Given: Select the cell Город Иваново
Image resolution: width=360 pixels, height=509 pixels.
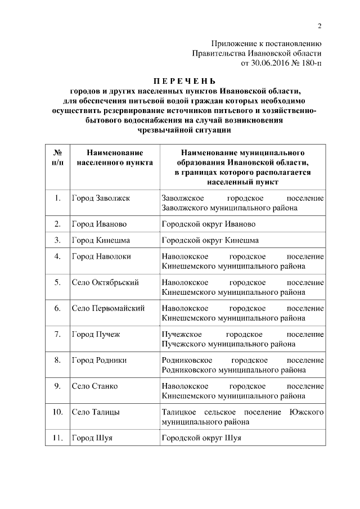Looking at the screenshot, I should [98, 224].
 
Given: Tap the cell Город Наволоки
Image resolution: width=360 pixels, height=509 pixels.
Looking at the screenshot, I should [101, 256].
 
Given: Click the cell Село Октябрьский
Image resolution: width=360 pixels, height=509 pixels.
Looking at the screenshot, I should [105, 282].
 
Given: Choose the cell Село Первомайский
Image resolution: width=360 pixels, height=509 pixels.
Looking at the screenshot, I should [108, 308].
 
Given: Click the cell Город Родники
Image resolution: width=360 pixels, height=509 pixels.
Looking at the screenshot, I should [99, 360].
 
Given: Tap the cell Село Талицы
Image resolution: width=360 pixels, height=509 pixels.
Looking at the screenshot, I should [96, 412].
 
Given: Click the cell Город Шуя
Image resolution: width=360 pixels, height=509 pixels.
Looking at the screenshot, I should [92, 438].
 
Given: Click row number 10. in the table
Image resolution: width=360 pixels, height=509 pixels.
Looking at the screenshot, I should [57, 412].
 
